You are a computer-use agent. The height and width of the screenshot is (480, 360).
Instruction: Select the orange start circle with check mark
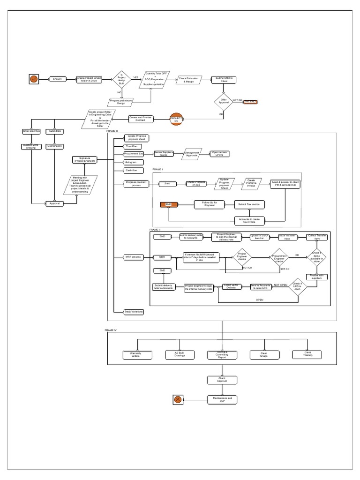34,79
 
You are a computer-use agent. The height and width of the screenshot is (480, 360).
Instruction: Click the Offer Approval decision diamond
224,101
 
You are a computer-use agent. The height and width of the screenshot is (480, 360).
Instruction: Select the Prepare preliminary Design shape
121,102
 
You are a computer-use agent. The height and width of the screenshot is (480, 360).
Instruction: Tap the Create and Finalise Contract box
141,120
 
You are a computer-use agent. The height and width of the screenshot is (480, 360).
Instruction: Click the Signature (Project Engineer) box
85,160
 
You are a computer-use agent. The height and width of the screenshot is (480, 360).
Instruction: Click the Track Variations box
134,311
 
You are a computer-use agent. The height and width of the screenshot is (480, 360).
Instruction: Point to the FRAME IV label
111,330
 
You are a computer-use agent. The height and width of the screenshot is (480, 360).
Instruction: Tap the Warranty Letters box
136,354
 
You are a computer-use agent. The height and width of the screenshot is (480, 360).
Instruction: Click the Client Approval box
222,380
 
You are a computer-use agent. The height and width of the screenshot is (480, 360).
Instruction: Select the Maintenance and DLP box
222,399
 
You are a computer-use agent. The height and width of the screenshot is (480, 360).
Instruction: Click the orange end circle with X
178,399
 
